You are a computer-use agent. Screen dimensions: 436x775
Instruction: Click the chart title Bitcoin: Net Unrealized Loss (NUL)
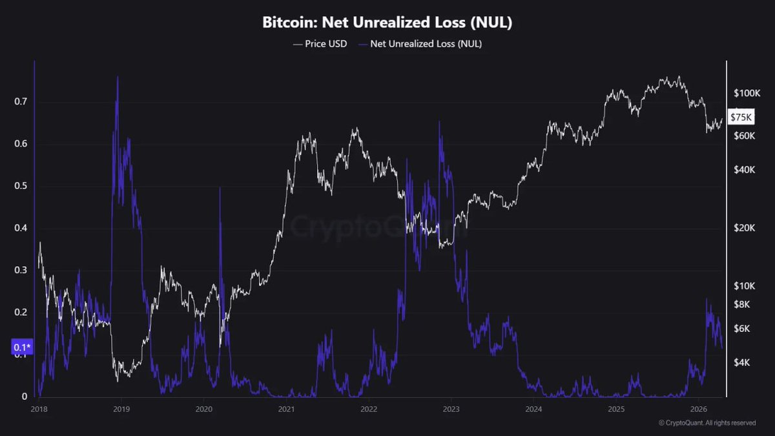(x=387, y=23)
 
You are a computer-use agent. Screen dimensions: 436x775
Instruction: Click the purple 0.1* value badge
(x=21, y=348)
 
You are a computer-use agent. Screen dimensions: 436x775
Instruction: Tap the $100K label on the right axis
(x=748, y=94)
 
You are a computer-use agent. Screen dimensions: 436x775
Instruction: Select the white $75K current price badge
(x=741, y=117)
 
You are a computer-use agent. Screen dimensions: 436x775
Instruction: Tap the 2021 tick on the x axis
(x=286, y=409)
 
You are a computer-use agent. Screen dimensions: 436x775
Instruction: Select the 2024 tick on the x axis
(x=533, y=409)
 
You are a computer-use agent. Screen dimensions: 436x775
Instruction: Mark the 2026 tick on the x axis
(x=698, y=409)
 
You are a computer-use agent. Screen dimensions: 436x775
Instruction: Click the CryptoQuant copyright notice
(x=707, y=423)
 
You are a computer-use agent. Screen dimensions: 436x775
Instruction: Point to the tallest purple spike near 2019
(x=118, y=78)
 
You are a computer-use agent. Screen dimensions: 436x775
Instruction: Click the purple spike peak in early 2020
(x=220, y=188)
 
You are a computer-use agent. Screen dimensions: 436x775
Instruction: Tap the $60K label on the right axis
(x=745, y=136)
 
